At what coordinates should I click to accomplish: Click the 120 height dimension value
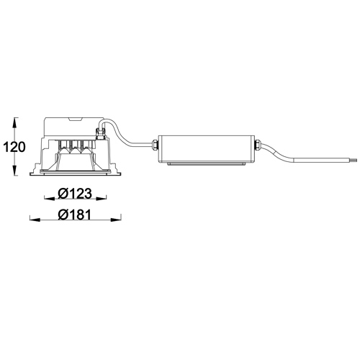14,147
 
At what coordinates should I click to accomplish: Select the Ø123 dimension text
75,194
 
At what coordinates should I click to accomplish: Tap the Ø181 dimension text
75,215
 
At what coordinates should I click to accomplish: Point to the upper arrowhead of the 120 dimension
15,123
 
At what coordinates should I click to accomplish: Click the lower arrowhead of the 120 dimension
15,170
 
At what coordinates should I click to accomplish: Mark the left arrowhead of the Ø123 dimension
50,199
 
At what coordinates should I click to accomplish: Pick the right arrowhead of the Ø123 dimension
101,199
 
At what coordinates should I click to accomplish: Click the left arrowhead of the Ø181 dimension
35,220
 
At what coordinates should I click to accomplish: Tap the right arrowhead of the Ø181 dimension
116,220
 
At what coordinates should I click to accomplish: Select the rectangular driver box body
206,148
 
